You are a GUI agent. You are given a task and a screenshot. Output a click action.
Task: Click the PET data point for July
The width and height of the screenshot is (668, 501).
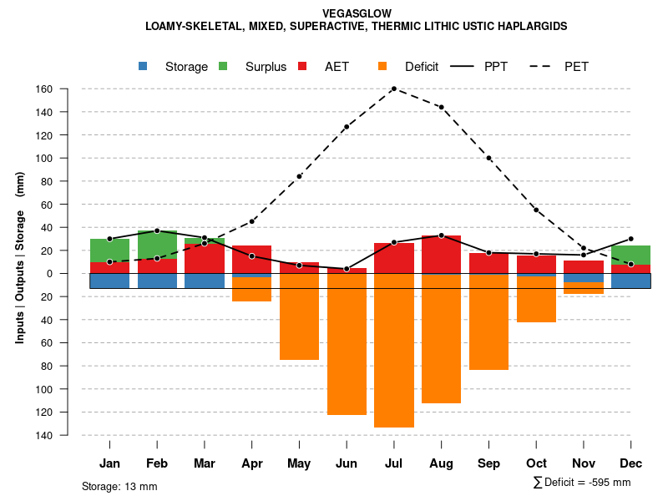[x=393, y=89]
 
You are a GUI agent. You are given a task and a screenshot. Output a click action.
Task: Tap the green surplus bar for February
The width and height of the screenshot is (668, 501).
[x=157, y=245]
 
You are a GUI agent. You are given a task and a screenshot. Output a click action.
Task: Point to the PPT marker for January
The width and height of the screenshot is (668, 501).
[x=109, y=239]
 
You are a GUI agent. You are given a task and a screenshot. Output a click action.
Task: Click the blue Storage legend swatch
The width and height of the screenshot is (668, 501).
[x=144, y=67]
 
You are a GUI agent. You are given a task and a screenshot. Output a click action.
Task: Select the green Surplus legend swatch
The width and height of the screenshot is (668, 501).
[x=223, y=67]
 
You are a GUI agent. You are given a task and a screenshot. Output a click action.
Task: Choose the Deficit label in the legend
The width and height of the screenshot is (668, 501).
[x=421, y=67]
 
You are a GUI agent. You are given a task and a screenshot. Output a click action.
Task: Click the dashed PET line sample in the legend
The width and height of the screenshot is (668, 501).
[x=540, y=67]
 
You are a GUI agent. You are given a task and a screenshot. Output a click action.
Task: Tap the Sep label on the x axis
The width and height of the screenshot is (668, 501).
[x=488, y=463]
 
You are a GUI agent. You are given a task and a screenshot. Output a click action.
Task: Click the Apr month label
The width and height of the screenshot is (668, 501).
[x=251, y=463]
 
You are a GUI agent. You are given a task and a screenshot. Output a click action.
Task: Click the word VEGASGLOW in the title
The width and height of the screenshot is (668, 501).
[x=357, y=13]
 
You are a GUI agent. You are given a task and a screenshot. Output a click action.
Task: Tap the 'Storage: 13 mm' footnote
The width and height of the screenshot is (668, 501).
[x=119, y=486]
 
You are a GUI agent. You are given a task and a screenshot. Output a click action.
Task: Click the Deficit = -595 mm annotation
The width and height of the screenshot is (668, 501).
[x=582, y=483]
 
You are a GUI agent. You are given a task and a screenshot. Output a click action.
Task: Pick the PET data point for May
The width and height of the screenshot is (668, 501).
[x=299, y=176]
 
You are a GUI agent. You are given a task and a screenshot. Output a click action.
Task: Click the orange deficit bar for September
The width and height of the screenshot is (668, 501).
[x=488, y=321]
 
